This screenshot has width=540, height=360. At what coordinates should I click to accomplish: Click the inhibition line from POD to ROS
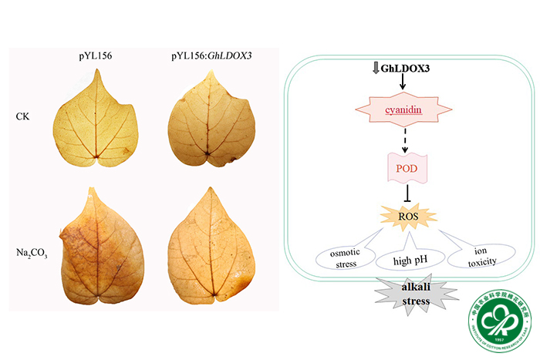tap(402, 193)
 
